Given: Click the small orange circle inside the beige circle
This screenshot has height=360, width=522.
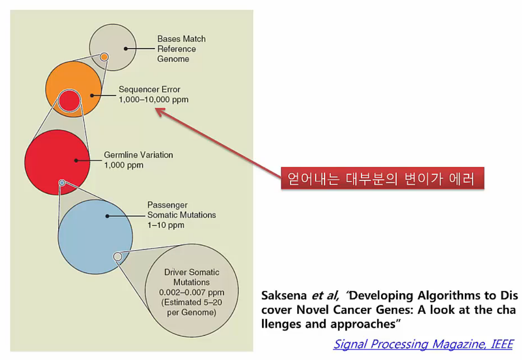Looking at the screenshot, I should (x=104, y=57).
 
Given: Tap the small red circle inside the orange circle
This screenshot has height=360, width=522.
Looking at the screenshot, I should (x=69, y=101).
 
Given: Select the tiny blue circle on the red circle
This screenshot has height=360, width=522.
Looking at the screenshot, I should (x=62, y=183).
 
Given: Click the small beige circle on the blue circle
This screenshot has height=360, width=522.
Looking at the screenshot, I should (x=118, y=256).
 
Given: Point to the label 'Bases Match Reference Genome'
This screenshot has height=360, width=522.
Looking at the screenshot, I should (x=181, y=49).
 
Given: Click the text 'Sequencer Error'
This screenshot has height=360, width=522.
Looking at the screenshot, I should (x=149, y=90).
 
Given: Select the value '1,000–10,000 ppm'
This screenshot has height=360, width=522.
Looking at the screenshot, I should (x=153, y=100).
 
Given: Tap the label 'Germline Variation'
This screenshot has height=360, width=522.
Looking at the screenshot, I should (x=138, y=155).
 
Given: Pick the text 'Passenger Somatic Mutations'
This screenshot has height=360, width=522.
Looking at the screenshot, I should (x=181, y=210).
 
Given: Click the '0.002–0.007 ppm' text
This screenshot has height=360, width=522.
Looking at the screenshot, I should (x=192, y=293).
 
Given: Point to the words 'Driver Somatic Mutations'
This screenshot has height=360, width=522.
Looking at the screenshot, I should (x=192, y=277).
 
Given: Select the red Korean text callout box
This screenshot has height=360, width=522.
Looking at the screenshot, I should (x=382, y=178).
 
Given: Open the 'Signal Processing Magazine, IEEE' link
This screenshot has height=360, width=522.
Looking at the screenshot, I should (x=423, y=344).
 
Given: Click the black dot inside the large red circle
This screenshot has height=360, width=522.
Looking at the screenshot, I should (x=76, y=160).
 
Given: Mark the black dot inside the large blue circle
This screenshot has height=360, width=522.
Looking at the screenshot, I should (x=107, y=216).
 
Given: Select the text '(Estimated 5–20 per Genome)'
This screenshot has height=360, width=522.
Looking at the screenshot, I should (x=192, y=308).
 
